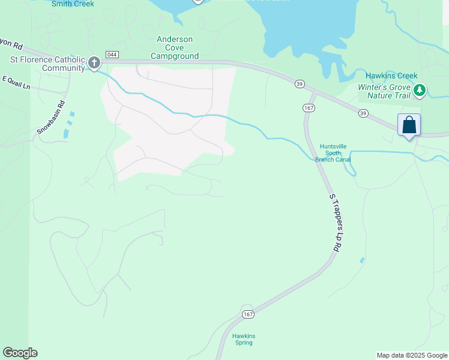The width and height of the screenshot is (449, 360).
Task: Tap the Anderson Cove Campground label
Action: point(175,47)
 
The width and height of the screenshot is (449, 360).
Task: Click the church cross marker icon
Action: point(94,62)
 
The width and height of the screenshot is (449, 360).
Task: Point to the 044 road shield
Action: point(112,55)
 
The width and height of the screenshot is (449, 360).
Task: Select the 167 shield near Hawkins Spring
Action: point(248,314)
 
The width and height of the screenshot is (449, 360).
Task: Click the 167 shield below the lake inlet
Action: point(309,107)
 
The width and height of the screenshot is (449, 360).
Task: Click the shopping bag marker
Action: point(409,125)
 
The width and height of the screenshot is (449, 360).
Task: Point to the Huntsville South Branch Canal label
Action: point(334,152)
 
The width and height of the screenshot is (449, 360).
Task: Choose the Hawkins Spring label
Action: point(244,339)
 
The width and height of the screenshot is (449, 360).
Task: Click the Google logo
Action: point(20,353)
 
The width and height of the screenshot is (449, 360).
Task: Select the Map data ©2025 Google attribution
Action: point(412,355)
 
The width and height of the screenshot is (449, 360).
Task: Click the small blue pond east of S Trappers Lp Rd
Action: point(362,260)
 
